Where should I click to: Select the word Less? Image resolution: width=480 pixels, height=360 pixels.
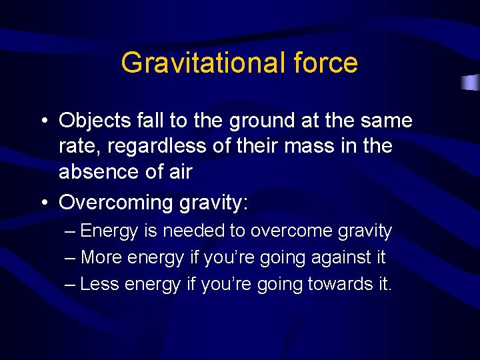[99, 284]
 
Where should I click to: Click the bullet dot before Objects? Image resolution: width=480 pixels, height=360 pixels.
[43, 121]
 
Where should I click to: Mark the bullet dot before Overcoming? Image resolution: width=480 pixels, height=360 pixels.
[43, 203]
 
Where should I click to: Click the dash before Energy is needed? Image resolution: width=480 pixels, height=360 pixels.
[71, 231]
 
